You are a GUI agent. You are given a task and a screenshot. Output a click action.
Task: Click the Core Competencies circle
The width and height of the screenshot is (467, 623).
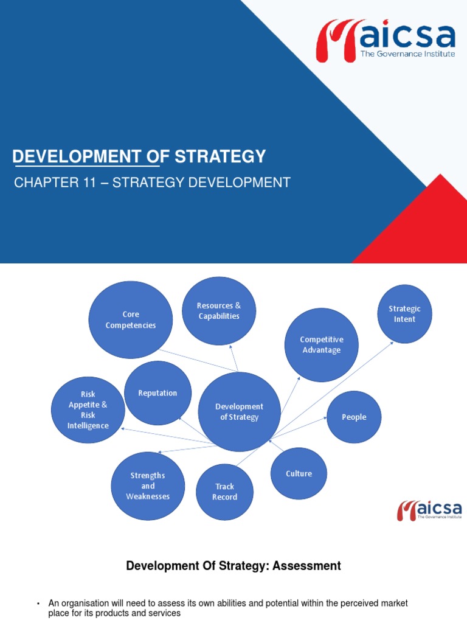(131, 320)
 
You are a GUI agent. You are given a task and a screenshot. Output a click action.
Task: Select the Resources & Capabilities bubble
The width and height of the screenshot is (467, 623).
(219, 311)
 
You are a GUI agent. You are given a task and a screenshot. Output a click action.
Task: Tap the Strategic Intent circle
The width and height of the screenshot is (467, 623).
(404, 314)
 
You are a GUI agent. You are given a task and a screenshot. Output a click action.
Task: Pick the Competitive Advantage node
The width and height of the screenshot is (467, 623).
(322, 345)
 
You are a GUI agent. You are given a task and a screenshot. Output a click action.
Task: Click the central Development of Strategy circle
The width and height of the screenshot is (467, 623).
(240, 412)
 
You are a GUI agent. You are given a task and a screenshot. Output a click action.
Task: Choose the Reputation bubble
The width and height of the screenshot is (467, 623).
(157, 393)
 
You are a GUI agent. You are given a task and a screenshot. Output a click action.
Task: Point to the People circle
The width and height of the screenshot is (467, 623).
(354, 417)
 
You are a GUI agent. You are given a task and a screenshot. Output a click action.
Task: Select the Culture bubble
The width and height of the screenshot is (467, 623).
(299, 473)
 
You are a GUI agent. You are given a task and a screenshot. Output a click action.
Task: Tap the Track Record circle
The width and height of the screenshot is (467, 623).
(224, 492)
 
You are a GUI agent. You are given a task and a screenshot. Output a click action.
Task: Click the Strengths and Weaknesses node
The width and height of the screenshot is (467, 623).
(148, 486)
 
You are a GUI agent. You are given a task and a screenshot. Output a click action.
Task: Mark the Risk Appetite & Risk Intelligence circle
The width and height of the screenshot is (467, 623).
(88, 409)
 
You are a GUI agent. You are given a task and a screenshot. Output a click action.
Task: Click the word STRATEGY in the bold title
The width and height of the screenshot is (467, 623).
(220, 156)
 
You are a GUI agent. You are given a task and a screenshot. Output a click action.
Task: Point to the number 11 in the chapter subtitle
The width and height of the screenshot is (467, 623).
(90, 183)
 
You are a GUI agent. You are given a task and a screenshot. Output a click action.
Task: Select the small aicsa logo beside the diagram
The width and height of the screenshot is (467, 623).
(429, 510)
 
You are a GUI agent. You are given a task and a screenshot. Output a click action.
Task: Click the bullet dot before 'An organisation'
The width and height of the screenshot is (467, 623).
(38, 604)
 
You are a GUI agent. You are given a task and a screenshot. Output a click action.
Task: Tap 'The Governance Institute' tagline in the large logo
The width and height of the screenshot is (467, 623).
(407, 54)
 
